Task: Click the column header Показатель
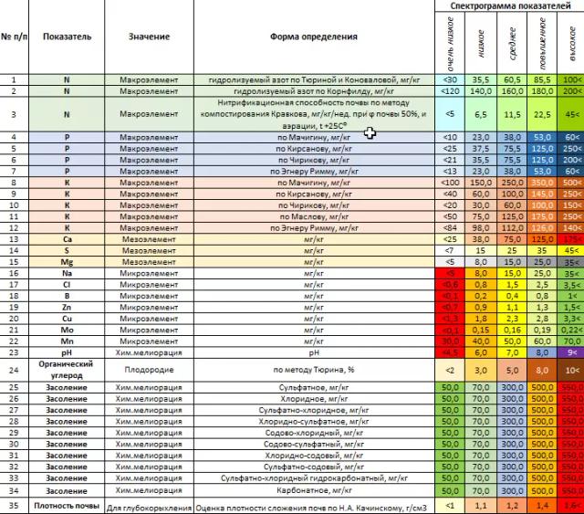[x=67, y=37]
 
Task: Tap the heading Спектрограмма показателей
[x=506, y=6]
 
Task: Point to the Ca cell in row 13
[x=67, y=238]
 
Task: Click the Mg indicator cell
[x=67, y=261]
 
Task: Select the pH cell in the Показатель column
[x=67, y=351]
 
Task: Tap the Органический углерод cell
[x=67, y=369]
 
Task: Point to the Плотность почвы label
[x=67, y=505]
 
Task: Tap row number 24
[x=14, y=370]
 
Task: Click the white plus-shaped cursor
[x=370, y=133]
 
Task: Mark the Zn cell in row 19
[x=67, y=307]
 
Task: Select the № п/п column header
[x=14, y=37]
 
